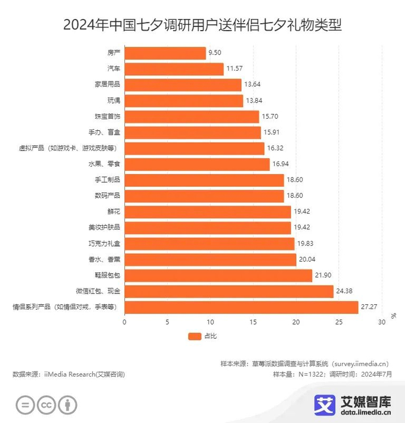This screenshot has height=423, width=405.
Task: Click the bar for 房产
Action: click(165, 53)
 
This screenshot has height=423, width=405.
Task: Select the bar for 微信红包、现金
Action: click(229, 291)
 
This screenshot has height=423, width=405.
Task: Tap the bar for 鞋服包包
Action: click(218, 275)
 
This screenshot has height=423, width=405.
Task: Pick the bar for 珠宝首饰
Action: click(192, 116)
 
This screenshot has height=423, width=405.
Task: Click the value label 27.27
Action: click(369, 307)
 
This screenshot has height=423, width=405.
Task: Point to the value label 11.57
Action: click(234, 69)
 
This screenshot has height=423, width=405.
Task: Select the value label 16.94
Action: click(281, 164)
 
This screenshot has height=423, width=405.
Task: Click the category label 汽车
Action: click(114, 69)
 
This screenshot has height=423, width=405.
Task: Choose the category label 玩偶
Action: click(114, 101)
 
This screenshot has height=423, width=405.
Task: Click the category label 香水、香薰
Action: click(106, 259)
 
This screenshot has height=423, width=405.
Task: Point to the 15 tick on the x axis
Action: click(253, 322)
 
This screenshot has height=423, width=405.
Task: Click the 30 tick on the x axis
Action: click(381, 322)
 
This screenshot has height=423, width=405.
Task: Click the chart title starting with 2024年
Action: click(202, 25)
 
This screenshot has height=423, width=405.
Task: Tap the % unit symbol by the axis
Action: click(393, 316)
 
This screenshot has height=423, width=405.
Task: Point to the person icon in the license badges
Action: click(68, 405)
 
